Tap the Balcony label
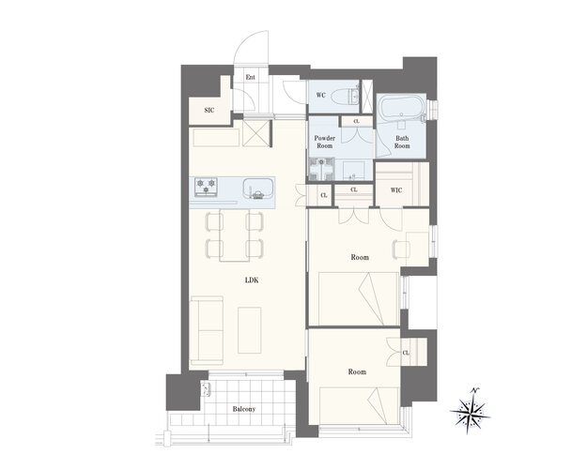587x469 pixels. click(x=244, y=409)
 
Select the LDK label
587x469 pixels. click(x=252, y=280)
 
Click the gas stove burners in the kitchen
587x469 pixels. click(x=207, y=187)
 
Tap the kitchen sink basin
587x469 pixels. click(x=257, y=189)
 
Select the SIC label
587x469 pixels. click(x=209, y=111)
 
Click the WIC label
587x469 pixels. click(x=396, y=190)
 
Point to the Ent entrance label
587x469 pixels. click(x=251, y=77)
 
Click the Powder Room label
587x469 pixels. click(x=325, y=142)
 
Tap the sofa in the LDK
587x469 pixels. click(x=207, y=330)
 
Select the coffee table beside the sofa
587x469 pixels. click(x=250, y=330)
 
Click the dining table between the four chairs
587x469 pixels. click(x=235, y=235)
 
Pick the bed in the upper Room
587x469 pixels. click(x=358, y=299)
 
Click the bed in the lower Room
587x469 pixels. click(x=359, y=405)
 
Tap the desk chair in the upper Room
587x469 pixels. click(x=401, y=250)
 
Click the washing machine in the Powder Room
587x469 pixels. click(x=321, y=169)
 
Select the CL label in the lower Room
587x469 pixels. click(x=406, y=353)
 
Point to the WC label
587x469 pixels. click(x=321, y=95)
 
